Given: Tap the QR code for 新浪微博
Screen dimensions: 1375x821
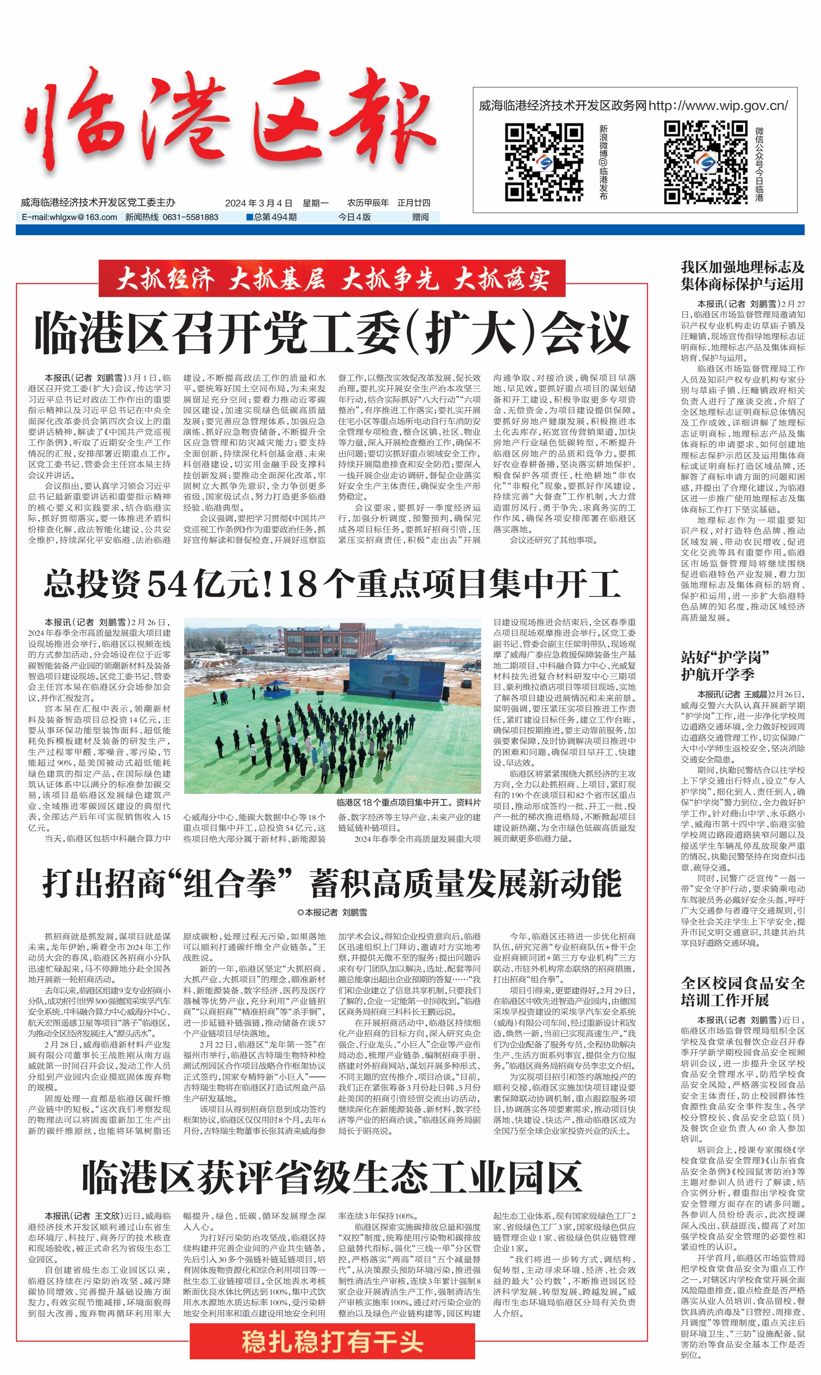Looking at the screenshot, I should pyautogui.click(x=544, y=162).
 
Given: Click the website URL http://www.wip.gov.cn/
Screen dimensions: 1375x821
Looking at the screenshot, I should pyautogui.click(x=718, y=105).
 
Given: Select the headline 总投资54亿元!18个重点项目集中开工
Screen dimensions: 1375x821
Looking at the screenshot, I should pyautogui.click(x=332, y=584).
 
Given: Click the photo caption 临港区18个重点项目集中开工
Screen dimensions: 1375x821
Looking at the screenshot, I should pyautogui.click(x=408, y=802).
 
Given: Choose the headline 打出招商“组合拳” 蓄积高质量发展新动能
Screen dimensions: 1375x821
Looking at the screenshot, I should pyautogui.click(x=332, y=884).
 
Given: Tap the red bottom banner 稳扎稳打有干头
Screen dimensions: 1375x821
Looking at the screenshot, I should pyautogui.click(x=332, y=1341).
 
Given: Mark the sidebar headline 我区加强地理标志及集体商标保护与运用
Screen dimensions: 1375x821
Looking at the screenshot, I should pyautogui.click(x=743, y=276).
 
